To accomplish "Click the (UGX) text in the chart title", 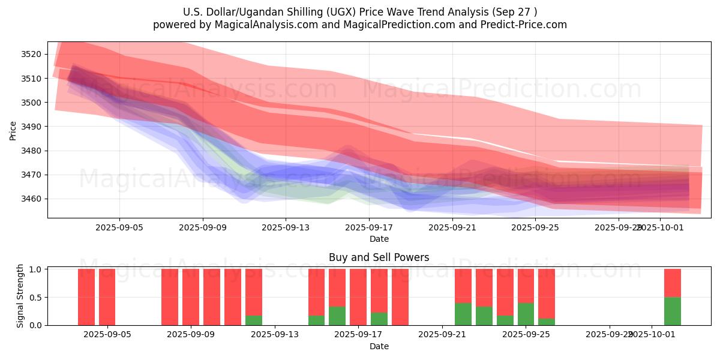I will click(341, 12).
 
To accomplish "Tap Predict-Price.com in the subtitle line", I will click(530, 25).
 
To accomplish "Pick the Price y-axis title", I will click(13, 130).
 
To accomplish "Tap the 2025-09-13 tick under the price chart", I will click(285, 227).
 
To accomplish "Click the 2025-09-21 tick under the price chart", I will click(452, 227).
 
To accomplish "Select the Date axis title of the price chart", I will click(379, 239).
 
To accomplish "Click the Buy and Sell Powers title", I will click(379, 257).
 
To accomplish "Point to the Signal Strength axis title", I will click(20, 296).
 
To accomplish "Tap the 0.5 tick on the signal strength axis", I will click(36, 297).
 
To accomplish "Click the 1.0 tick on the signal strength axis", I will click(36, 269).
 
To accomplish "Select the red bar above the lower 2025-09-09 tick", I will click(191, 297).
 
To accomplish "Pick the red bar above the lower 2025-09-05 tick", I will click(107, 297).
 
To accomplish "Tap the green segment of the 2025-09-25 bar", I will click(526, 314).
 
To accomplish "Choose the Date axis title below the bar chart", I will click(379, 346).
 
